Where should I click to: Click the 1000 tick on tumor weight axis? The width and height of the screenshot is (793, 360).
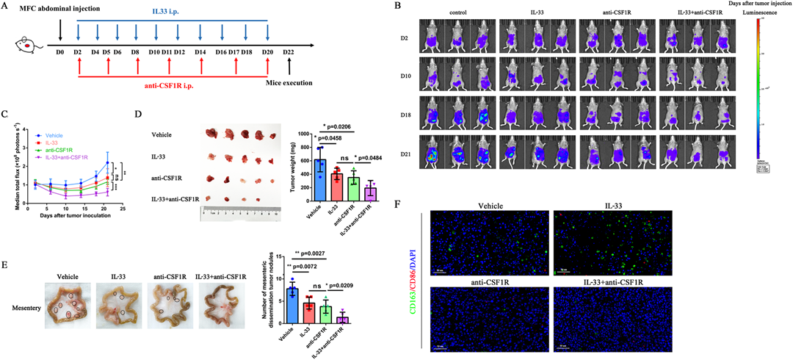pos(301,132)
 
